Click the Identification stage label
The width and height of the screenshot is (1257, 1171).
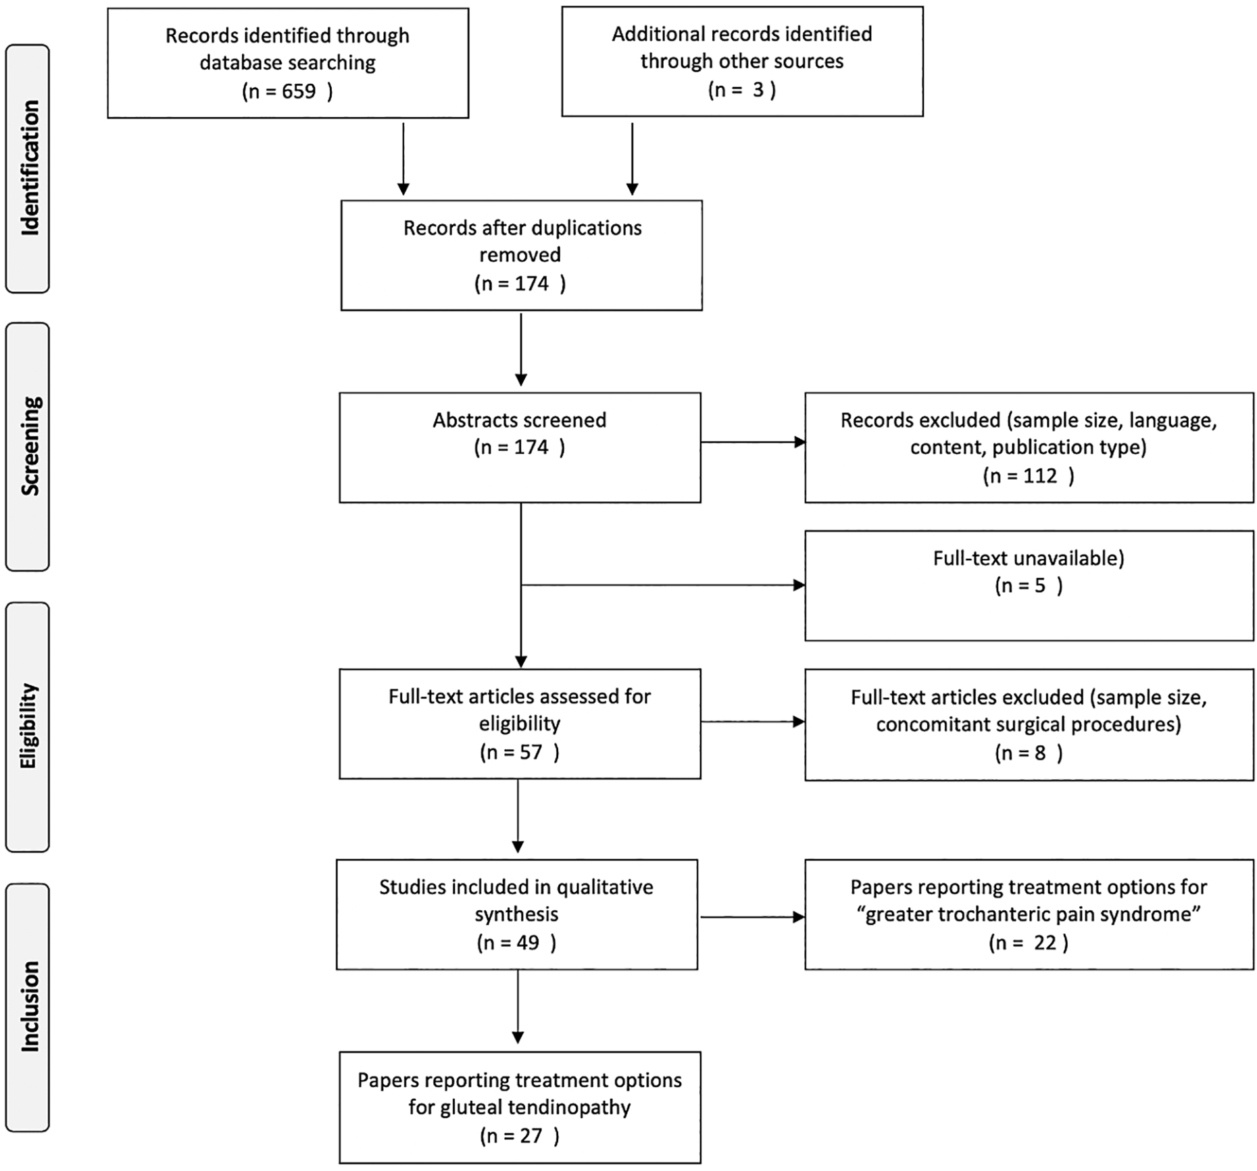click(x=30, y=168)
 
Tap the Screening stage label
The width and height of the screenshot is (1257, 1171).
click(x=30, y=446)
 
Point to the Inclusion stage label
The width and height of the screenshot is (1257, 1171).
click(x=30, y=1007)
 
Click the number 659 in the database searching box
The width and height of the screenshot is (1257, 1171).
click(x=299, y=91)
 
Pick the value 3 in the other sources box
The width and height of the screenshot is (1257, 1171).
click(x=758, y=90)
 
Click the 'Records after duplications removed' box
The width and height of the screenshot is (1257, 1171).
click(x=522, y=255)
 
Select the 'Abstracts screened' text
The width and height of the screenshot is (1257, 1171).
click(x=520, y=420)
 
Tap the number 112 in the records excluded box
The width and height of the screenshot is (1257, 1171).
click(x=1039, y=476)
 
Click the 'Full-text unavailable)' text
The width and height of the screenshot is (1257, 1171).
click(x=1029, y=558)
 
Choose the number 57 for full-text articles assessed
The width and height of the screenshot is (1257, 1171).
click(x=531, y=752)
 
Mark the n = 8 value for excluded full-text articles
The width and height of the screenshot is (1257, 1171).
click(x=1029, y=753)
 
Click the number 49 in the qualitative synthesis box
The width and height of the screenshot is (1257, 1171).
click(x=527, y=943)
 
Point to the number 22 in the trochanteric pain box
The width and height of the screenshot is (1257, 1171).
click(x=1045, y=943)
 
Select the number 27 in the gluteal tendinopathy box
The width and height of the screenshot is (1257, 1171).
click(x=531, y=1136)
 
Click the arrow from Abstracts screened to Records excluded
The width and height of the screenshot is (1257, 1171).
click(x=753, y=443)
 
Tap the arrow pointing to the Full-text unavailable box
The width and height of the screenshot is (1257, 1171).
click(x=663, y=585)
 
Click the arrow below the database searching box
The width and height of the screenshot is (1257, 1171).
click(x=403, y=159)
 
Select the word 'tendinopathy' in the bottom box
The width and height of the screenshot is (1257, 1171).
click(x=569, y=1107)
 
